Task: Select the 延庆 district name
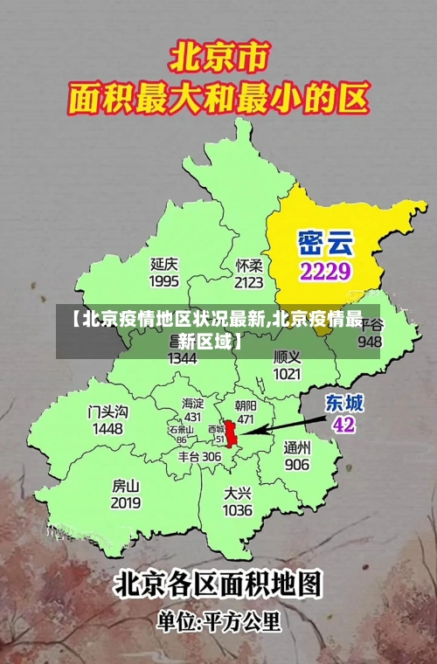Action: tap(164, 263)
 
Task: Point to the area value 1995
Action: tap(164, 281)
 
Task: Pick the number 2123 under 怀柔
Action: tap(249, 282)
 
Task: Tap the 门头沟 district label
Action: tap(108, 411)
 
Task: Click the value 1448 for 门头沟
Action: tap(108, 429)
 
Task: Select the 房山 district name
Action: tap(126, 485)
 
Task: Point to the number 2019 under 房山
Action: tap(126, 503)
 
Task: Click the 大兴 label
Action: tap(238, 492)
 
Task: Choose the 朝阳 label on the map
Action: tap(246, 405)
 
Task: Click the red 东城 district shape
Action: tap(232, 433)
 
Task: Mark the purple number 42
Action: tap(344, 425)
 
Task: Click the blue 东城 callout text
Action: tap(344, 403)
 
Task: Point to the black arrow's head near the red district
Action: tap(242, 432)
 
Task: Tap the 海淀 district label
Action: tap(192, 403)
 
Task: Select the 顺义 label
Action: tap(288, 356)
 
